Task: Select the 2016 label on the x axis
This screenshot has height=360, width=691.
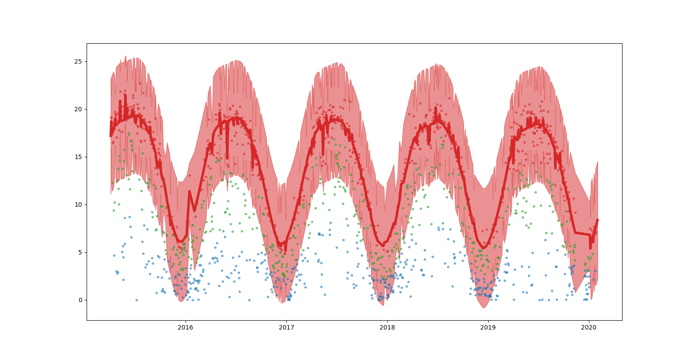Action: pyautogui.click(x=185, y=327)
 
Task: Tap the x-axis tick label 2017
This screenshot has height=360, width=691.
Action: pyautogui.click(x=286, y=327)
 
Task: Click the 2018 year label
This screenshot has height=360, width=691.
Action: pyautogui.click(x=387, y=327)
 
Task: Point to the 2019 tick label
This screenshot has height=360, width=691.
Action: pyautogui.click(x=488, y=327)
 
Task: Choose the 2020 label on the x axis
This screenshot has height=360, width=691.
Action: pyautogui.click(x=589, y=327)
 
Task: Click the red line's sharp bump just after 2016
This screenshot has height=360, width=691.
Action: pyautogui.click(x=190, y=192)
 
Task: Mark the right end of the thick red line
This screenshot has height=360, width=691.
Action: pyautogui.click(x=598, y=220)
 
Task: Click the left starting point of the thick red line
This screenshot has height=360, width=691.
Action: pyautogui.click(x=110, y=136)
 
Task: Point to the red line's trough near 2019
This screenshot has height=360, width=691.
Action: pyautogui.click(x=483, y=248)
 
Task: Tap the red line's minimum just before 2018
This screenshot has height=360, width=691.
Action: pyautogui.click(x=383, y=246)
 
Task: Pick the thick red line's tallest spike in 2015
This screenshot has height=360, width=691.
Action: pyautogui.click(x=125, y=95)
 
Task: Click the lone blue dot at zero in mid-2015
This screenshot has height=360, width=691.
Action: pyautogui.click(x=137, y=300)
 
